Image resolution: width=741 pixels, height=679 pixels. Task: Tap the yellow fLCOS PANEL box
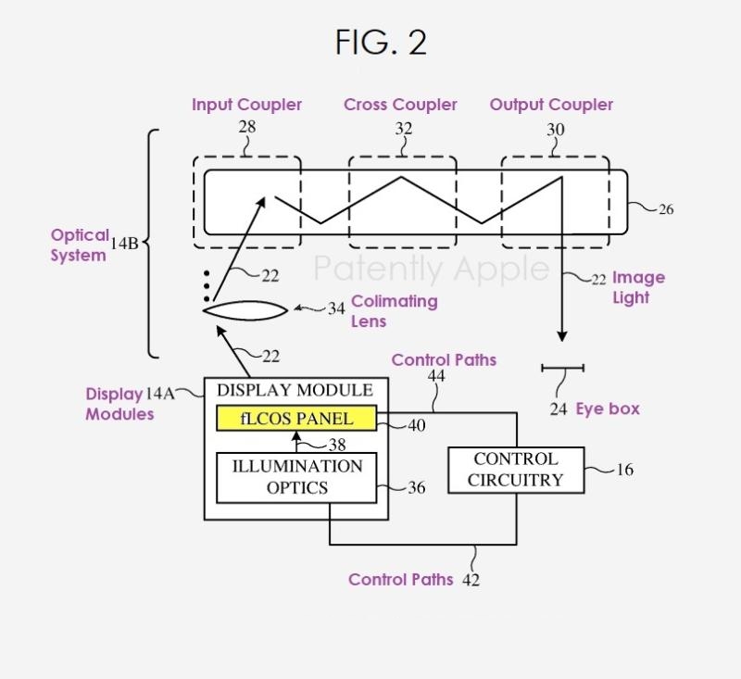coord(296,419)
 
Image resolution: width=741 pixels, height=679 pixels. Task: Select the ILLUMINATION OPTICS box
coord(296,476)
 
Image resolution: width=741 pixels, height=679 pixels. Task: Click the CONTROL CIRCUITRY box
coord(515,470)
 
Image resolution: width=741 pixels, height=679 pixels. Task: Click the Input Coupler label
coord(246,105)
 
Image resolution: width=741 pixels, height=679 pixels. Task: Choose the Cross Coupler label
coord(400,105)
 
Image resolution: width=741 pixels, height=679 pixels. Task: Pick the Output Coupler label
coord(551,105)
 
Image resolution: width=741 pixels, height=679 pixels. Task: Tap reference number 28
coord(247,127)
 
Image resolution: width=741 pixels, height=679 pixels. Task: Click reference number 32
coord(403,129)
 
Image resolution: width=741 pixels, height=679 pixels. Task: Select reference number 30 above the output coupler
coord(555,130)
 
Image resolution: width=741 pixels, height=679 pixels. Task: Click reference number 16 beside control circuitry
coord(625,470)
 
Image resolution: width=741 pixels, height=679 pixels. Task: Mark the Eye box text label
coord(608,409)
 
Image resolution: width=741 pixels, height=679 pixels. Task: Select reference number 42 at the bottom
coord(471,581)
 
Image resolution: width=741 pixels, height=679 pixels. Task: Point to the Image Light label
coord(637,287)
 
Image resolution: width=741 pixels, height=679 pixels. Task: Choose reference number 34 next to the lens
coord(336,308)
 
